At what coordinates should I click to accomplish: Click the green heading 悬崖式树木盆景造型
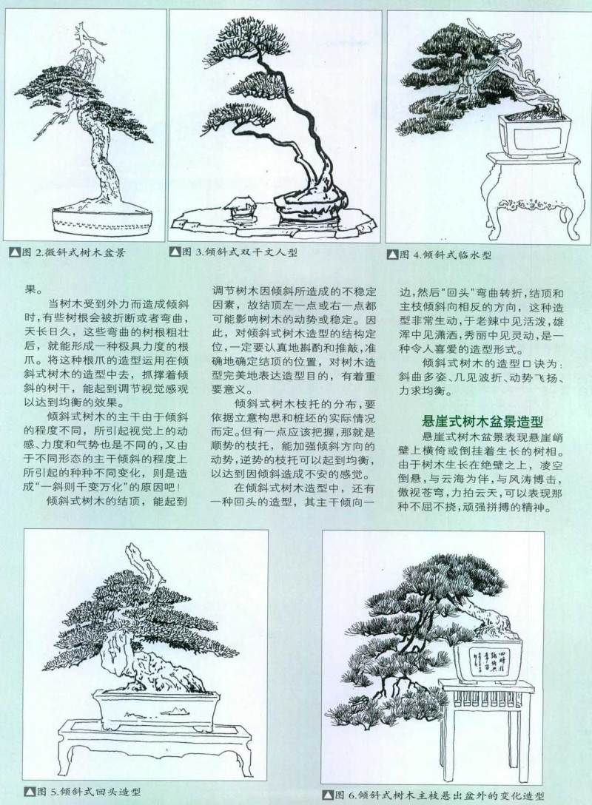click(480, 422)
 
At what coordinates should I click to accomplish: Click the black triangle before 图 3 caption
click(175, 252)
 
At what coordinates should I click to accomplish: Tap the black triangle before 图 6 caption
click(329, 795)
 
